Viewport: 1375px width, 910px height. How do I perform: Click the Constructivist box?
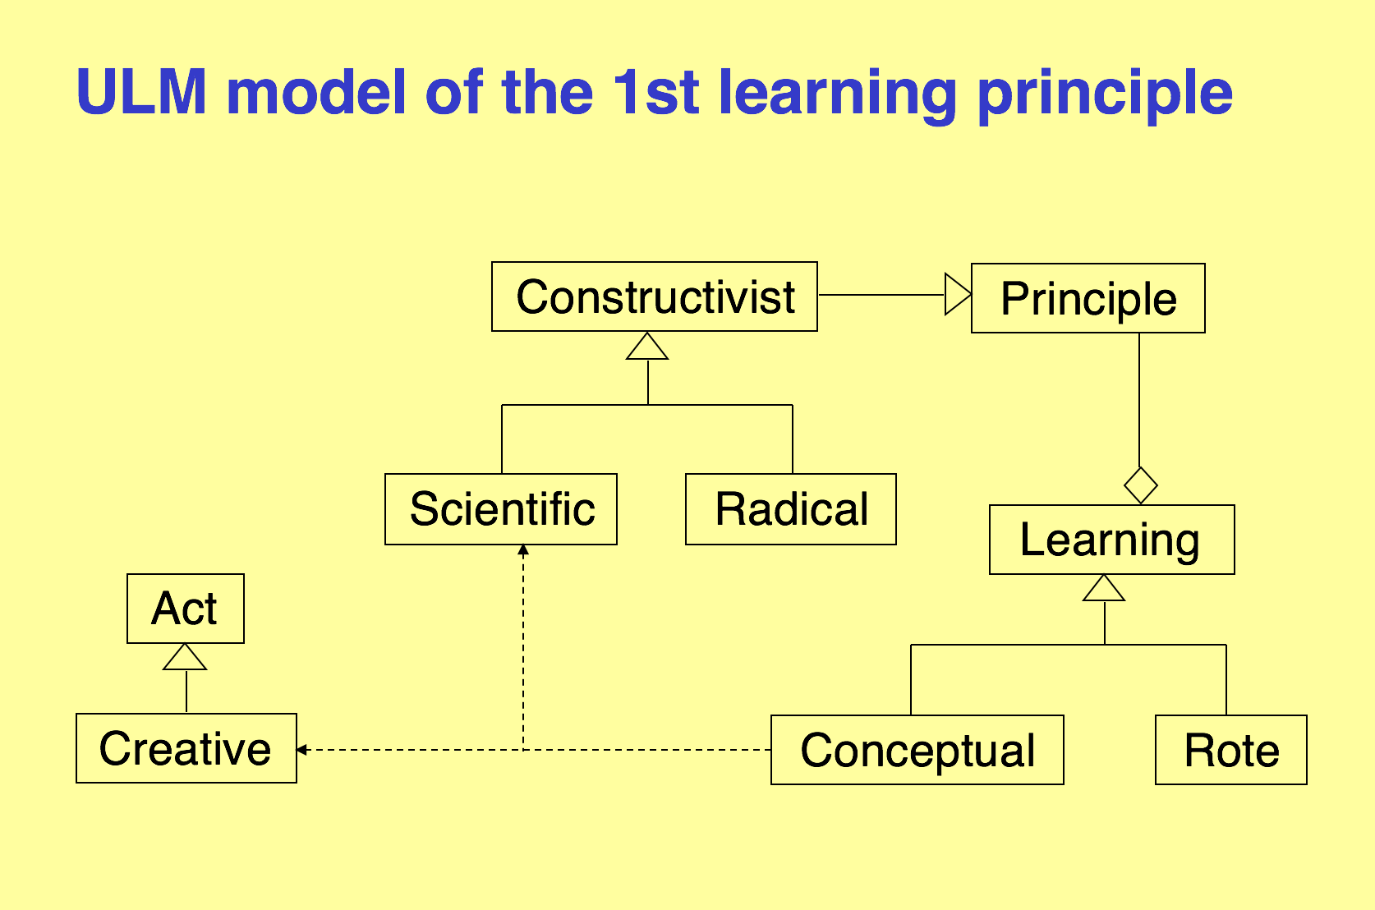[x=655, y=297]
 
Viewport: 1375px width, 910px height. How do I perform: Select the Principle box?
[x=1088, y=298]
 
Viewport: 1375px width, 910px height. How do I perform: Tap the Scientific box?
[x=501, y=509]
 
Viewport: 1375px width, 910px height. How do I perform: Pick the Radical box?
[x=791, y=509]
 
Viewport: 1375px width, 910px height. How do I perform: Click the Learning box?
[x=1111, y=540]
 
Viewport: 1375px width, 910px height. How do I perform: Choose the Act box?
[x=186, y=609]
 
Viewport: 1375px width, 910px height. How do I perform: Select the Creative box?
[x=186, y=748]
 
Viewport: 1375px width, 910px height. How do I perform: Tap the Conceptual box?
[x=917, y=750]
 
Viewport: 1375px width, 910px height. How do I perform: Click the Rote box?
[x=1230, y=750]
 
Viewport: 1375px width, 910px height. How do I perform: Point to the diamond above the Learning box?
[x=1141, y=486]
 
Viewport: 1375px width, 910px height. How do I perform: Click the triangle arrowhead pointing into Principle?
[x=959, y=295]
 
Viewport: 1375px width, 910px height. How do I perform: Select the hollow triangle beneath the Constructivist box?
[x=647, y=346]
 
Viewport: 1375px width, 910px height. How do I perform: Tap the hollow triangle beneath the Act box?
[x=185, y=656]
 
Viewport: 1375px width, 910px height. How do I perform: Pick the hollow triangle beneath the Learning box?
[x=1104, y=588]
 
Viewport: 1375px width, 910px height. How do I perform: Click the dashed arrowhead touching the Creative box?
[x=301, y=749]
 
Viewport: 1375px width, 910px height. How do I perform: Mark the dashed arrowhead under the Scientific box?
[x=523, y=549]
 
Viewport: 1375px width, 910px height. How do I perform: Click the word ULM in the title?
[x=141, y=92]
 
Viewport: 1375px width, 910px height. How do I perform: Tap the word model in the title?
[x=316, y=92]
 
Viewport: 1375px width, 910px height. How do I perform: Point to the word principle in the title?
[x=1105, y=96]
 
